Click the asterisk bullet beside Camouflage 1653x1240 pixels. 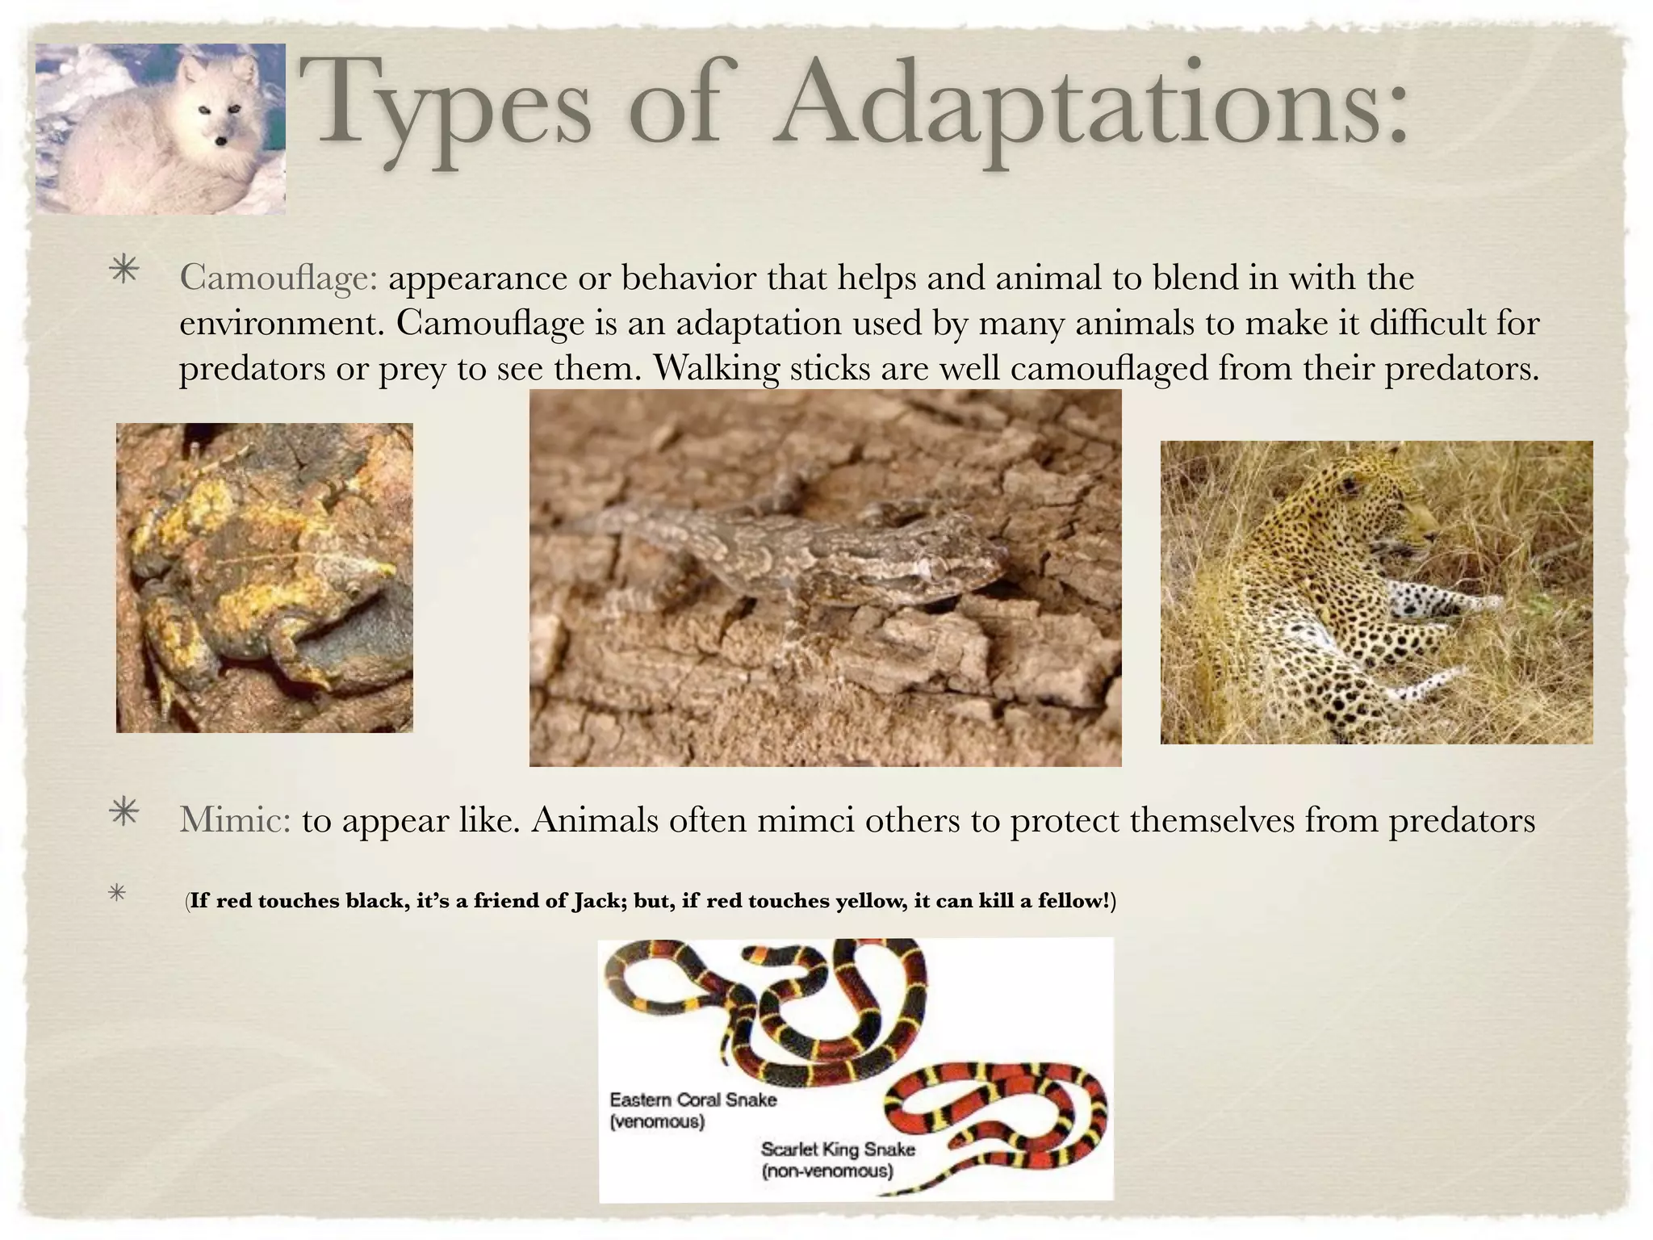[124, 270]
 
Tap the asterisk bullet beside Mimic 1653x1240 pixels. [124, 813]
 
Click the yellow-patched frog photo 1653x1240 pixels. [264, 577]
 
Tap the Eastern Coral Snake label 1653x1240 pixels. [693, 1100]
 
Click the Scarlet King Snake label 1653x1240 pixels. [838, 1149]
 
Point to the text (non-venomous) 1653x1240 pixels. [827, 1171]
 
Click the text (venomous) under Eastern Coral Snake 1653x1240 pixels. [657, 1121]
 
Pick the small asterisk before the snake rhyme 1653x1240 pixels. [118, 894]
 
